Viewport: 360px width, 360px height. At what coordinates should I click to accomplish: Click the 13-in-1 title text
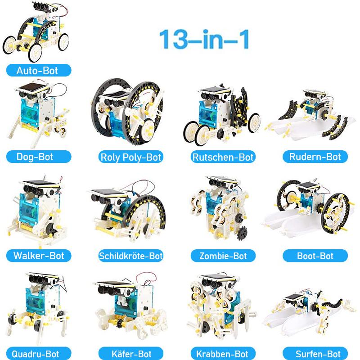[x=204, y=39]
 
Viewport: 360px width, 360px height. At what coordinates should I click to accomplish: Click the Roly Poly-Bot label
[x=131, y=157]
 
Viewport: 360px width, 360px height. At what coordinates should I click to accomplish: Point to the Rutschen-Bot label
[x=223, y=157]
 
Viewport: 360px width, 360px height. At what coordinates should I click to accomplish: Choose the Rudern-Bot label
[x=315, y=157]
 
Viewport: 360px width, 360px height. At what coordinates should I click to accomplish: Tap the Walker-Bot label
[x=39, y=256]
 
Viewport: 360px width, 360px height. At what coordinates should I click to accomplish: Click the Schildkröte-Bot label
[x=131, y=256]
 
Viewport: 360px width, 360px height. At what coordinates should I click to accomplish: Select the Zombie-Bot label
[x=223, y=256]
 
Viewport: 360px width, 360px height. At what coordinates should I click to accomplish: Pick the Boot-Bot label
[x=315, y=256]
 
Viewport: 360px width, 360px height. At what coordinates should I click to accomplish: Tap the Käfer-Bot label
[x=131, y=354]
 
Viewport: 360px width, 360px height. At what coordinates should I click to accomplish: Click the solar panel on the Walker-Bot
[x=40, y=183]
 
